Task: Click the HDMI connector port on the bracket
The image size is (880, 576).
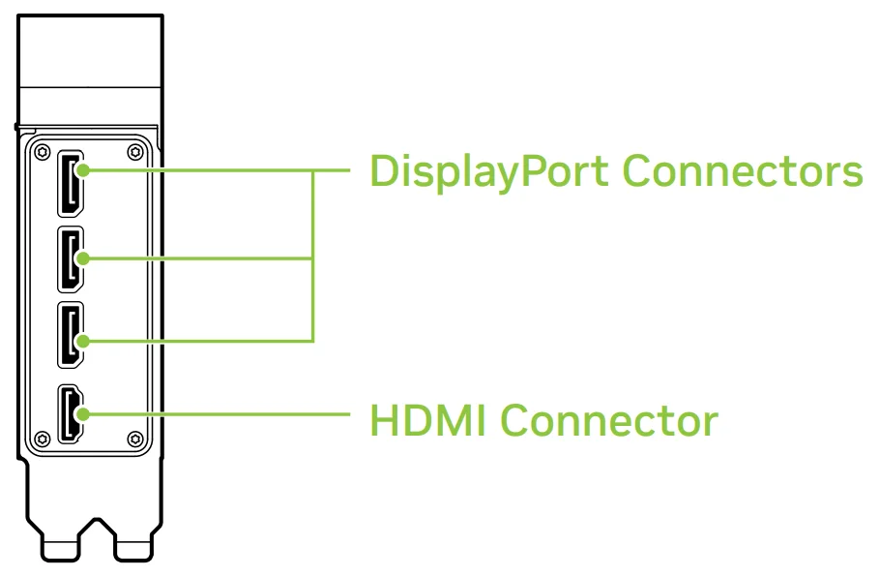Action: click(70, 413)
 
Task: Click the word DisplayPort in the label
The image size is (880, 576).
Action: click(489, 173)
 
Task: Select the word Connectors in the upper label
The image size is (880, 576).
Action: click(742, 171)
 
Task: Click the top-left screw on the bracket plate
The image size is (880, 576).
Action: click(42, 151)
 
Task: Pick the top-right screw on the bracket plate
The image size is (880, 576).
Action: click(133, 151)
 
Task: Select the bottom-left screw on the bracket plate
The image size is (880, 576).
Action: click(42, 439)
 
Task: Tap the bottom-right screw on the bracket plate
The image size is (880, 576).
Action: click(133, 439)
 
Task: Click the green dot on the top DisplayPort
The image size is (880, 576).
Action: click(84, 171)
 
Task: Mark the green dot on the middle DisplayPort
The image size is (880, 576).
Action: click(84, 258)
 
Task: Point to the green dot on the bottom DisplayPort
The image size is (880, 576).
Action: click(84, 340)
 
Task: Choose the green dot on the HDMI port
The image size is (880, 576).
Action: click(84, 413)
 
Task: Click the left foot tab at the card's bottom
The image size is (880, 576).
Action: click(60, 548)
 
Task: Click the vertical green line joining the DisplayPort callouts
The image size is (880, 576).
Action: click(312, 257)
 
